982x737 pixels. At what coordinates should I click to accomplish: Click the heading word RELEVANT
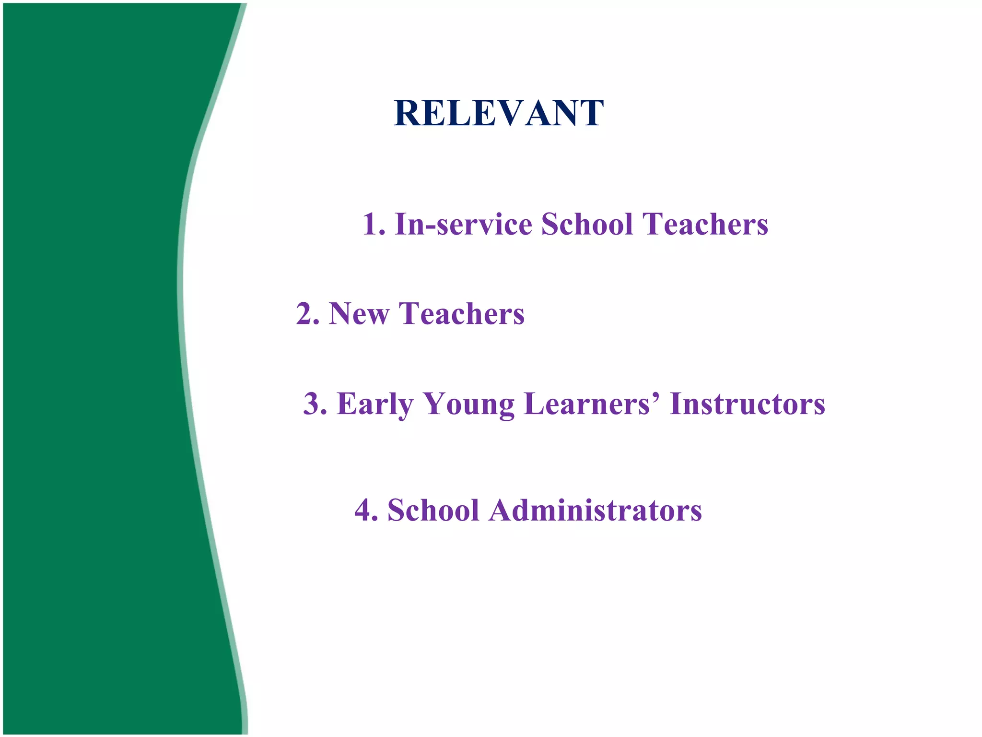[499, 113]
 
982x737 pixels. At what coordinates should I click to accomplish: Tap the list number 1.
[371, 225]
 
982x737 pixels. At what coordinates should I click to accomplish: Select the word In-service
[463, 225]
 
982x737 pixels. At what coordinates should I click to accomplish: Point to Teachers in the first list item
[705, 225]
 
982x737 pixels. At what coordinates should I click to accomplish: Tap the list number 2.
[305, 314]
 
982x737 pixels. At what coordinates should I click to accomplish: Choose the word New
[359, 314]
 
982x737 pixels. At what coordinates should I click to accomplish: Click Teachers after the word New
[461, 314]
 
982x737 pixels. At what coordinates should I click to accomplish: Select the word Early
[375, 404]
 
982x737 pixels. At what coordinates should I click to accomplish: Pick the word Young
[469, 404]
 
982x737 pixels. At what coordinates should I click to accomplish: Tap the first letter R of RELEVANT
[408, 113]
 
